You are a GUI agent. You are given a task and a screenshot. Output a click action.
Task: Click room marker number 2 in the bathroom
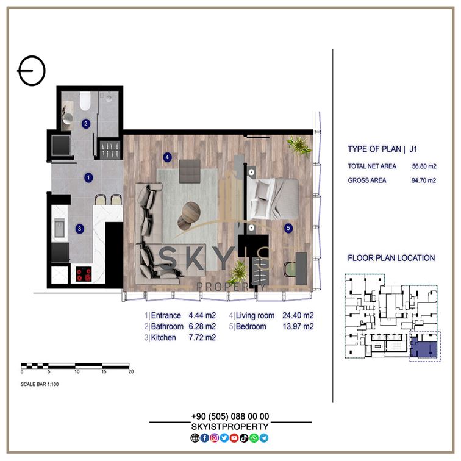[x=86, y=123]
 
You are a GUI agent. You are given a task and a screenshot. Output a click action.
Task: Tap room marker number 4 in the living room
[x=167, y=157]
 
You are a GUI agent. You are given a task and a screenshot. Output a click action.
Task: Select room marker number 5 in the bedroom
[x=288, y=228]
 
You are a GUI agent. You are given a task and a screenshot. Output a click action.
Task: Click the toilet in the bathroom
[x=85, y=101]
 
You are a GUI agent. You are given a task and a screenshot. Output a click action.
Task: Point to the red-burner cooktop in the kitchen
[x=84, y=274]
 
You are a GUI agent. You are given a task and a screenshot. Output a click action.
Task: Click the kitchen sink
[x=59, y=229]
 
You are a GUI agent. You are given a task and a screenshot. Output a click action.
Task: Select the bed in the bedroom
[x=273, y=198]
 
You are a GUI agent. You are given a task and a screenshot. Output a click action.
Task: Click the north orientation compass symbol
[x=32, y=71]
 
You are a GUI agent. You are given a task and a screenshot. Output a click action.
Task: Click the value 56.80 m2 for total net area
[x=424, y=166]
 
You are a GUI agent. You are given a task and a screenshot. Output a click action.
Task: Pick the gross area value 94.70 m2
[x=424, y=180]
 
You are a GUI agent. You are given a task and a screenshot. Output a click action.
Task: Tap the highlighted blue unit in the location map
[x=423, y=348]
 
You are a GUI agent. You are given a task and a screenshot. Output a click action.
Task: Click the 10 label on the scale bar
[x=77, y=371]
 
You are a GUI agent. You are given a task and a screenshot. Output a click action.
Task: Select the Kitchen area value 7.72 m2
[x=202, y=338]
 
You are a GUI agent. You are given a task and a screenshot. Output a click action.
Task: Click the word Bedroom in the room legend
[x=251, y=326]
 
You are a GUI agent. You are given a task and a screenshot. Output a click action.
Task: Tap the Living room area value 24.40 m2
[x=298, y=315]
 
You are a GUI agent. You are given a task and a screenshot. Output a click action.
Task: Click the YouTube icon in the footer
[x=234, y=438]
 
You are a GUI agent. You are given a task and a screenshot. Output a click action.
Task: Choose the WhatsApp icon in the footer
[x=254, y=438]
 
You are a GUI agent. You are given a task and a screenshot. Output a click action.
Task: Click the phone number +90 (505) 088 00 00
[x=230, y=416]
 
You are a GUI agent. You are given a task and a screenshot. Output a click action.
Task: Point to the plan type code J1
[x=413, y=149]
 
